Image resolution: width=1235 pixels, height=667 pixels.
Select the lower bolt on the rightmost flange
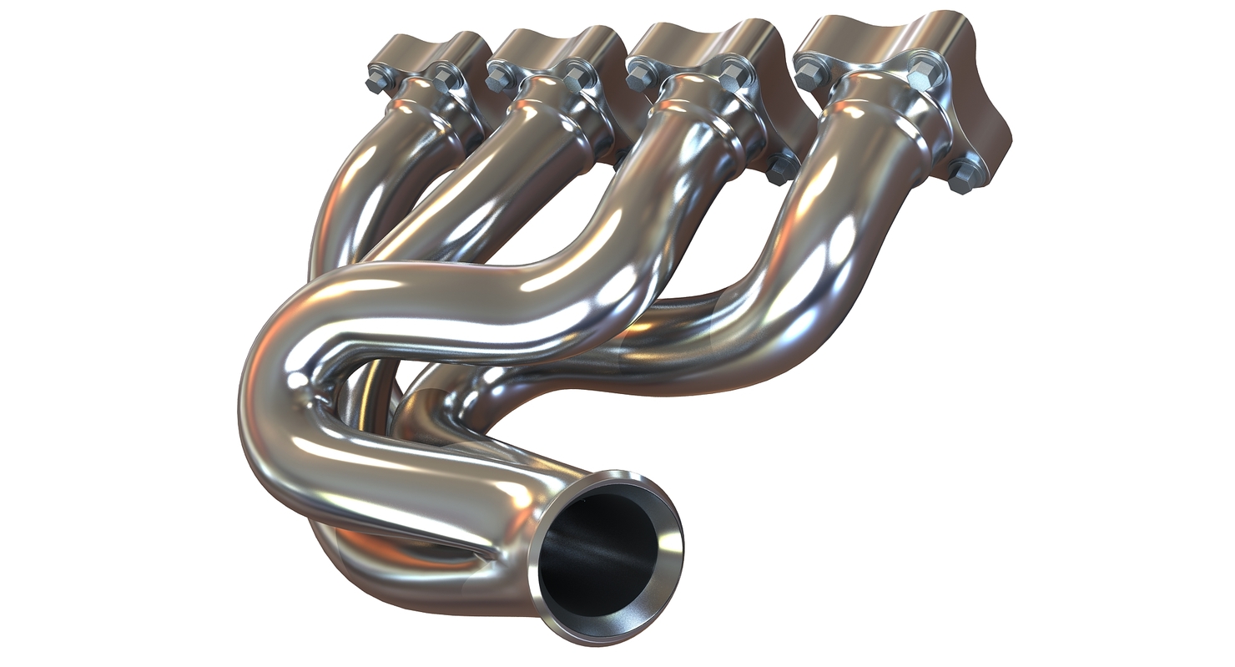[x=963, y=177]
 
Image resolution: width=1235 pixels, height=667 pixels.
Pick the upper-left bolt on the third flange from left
[x=640, y=77]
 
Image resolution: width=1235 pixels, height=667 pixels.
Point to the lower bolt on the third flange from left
[x=781, y=169]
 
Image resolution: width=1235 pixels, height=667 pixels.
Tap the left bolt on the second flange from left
[x=500, y=78]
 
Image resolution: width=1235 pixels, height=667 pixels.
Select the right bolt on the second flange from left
[x=577, y=78]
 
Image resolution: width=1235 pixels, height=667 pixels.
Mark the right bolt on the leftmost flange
[x=445, y=78]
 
